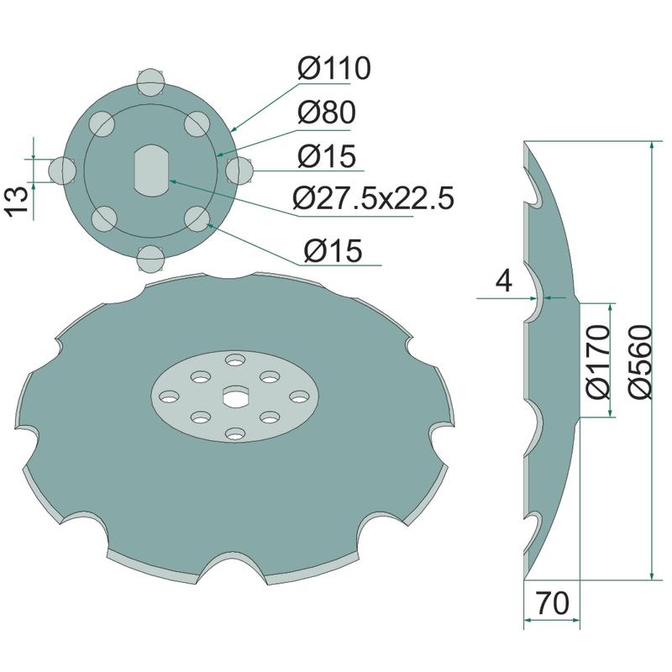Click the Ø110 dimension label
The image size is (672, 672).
pyautogui.click(x=334, y=68)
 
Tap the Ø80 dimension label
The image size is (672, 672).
pyautogui.click(x=327, y=113)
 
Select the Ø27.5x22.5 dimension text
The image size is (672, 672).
pyautogui.click(x=373, y=198)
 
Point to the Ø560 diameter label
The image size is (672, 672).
pyautogui.click(x=641, y=362)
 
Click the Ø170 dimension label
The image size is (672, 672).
pyautogui.click(x=597, y=362)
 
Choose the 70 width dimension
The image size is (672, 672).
pyautogui.click(x=553, y=603)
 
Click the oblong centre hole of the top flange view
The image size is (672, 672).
pyautogui.click(x=150, y=171)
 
